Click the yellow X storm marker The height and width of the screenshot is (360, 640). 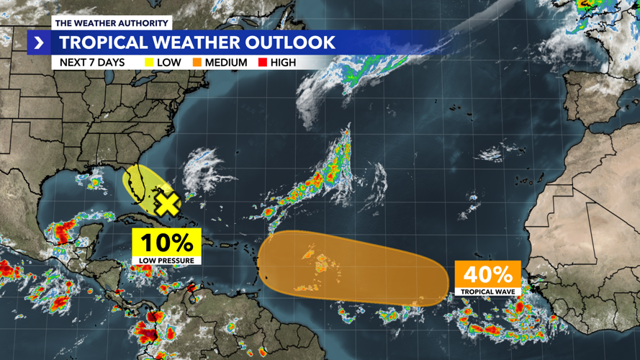point(167,204)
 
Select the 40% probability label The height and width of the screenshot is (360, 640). point(487,274)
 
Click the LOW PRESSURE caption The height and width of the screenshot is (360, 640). point(166,260)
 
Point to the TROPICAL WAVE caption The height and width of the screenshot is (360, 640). point(487,292)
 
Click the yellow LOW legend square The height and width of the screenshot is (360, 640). point(149,63)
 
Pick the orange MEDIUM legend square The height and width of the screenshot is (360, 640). point(197,63)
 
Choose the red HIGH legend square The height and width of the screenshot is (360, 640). point(263,63)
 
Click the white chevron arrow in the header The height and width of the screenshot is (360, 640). point(39,42)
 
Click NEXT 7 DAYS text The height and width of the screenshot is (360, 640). point(91,63)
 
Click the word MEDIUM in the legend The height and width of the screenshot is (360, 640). point(225,63)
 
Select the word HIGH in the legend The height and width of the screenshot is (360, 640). point(283,63)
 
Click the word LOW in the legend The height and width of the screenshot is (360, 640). point(168,63)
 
